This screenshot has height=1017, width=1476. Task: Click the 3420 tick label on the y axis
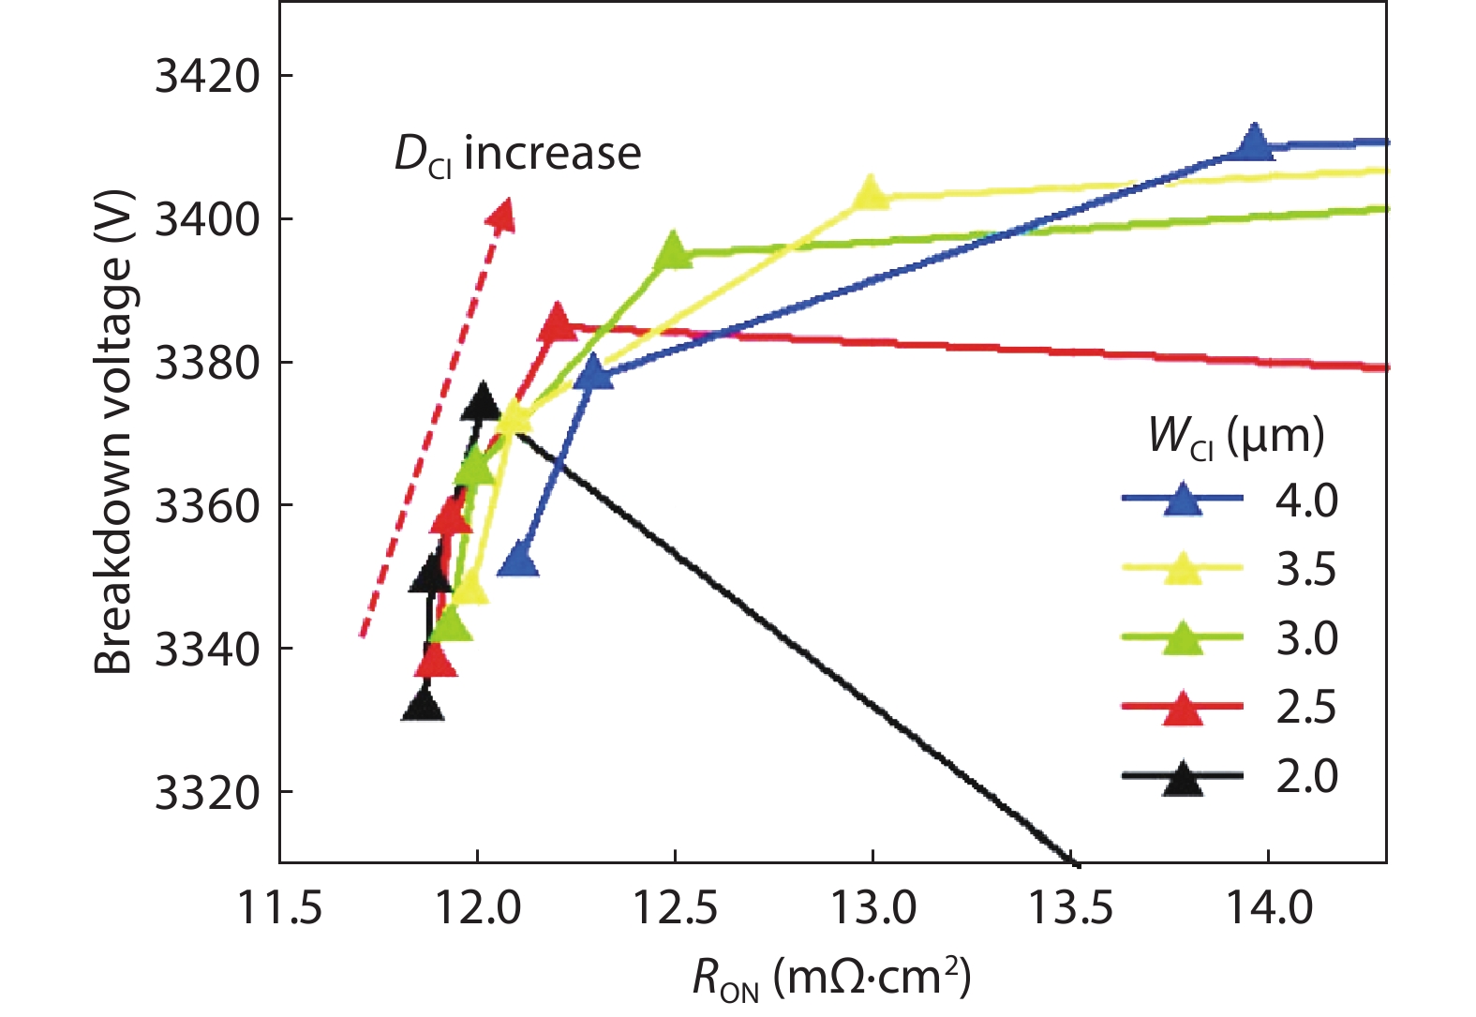coord(207,77)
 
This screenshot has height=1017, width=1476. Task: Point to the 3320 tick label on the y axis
coord(207,793)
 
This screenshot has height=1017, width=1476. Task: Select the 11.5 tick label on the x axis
coord(280,907)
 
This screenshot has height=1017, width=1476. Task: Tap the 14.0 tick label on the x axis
coord(1270,907)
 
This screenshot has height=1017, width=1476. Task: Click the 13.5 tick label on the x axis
coord(1071,907)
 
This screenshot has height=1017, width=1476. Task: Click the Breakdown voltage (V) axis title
coord(114,432)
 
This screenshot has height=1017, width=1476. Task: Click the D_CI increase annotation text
coord(517,154)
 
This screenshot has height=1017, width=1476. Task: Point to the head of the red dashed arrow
coord(503,215)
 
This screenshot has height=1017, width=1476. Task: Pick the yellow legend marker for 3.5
coord(1183,569)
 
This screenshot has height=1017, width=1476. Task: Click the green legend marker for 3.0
coord(1183,638)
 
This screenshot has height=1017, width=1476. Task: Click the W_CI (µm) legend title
coord(1236,437)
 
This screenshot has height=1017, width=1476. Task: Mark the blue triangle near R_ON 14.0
coord(1254,142)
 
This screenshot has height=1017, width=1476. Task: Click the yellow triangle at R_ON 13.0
coord(871,193)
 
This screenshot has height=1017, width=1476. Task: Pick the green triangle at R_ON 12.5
coord(673,251)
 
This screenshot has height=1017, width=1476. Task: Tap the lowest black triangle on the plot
coord(423,705)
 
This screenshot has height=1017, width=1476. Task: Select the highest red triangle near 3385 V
coord(558,323)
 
